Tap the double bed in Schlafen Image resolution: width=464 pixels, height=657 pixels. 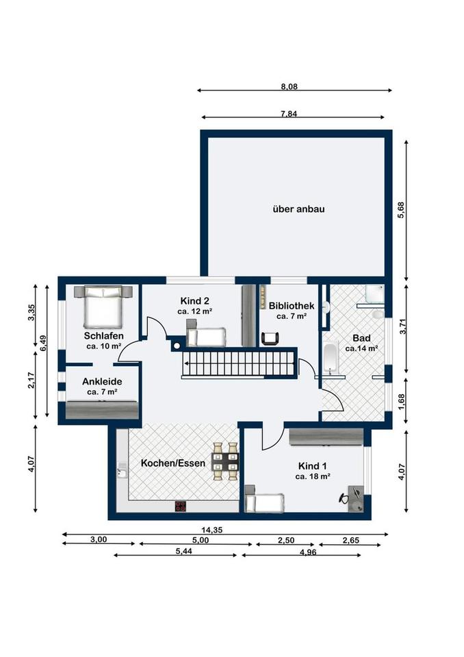[x=103, y=307]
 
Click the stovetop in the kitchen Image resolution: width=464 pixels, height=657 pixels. [x=181, y=506]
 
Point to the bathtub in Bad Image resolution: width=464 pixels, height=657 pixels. [x=331, y=357]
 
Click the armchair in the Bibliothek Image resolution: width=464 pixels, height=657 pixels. [x=271, y=337]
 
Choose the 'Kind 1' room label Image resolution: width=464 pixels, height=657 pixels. [x=313, y=465]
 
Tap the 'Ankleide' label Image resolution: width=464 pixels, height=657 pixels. [x=102, y=381]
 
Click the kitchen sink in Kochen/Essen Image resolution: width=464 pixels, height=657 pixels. [x=122, y=470]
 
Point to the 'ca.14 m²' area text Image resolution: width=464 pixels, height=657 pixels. [x=361, y=348]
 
